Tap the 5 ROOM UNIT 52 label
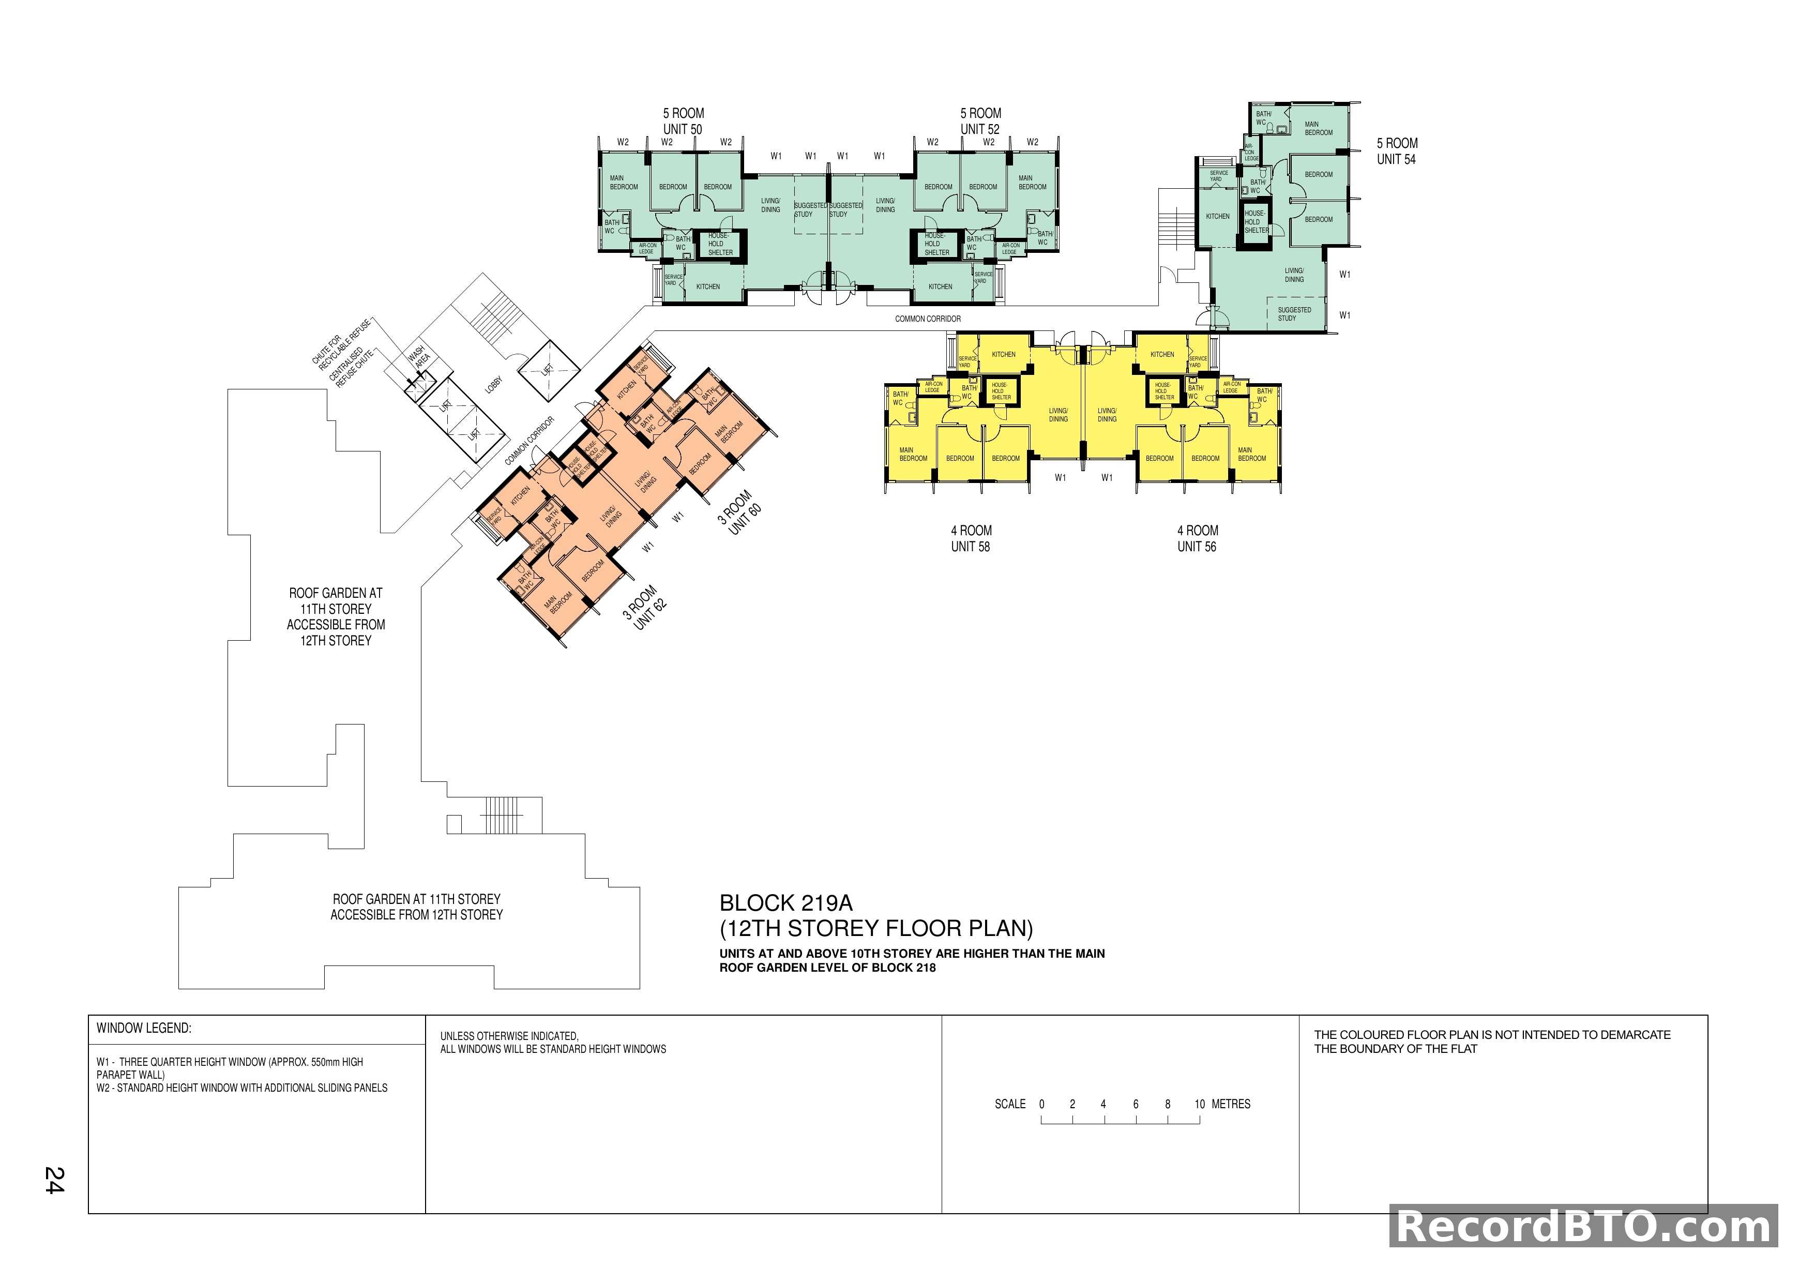(x=980, y=121)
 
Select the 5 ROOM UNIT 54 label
(x=1396, y=151)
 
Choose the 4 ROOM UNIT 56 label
(x=1197, y=538)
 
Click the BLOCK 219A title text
(x=785, y=903)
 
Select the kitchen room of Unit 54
(x=1217, y=216)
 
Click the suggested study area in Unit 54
(x=1293, y=314)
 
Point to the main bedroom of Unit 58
(x=913, y=454)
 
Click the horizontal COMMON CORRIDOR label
(x=928, y=319)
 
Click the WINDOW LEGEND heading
(x=144, y=1028)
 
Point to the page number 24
(x=54, y=1180)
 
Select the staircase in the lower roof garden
(x=503, y=814)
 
